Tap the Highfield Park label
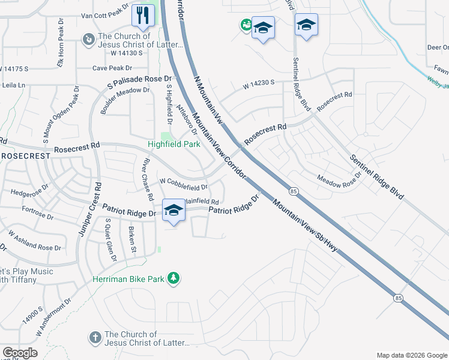[174, 145]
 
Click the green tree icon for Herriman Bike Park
[173, 278]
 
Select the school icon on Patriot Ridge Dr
[173, 210]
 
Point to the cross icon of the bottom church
[95, 338]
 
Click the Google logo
[20, 353]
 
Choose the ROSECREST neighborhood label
[25, 156]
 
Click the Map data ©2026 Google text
[412, 355]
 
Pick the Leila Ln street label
[13, 86]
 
